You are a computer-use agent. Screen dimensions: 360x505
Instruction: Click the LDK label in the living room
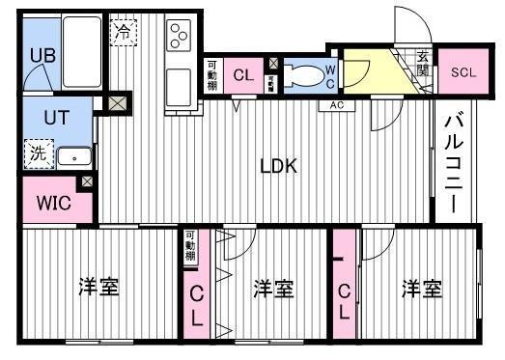coord(278,165)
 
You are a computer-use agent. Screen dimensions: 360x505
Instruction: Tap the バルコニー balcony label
coord(451,162)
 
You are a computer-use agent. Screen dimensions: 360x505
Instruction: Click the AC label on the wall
coord(337,104)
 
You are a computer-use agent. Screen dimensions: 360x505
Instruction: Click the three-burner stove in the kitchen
coord(180,37)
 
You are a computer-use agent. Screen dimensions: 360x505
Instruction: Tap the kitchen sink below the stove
coord(179,89)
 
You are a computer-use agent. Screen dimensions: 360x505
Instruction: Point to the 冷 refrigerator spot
coord(124,32)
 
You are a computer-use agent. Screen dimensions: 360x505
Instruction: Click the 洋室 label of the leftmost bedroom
coord(98,287)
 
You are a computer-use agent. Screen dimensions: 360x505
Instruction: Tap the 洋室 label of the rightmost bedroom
coord(421,288)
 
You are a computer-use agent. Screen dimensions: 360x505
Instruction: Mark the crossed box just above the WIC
coord(88,181)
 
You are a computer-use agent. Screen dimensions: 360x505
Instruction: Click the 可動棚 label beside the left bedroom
coord(191,248)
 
